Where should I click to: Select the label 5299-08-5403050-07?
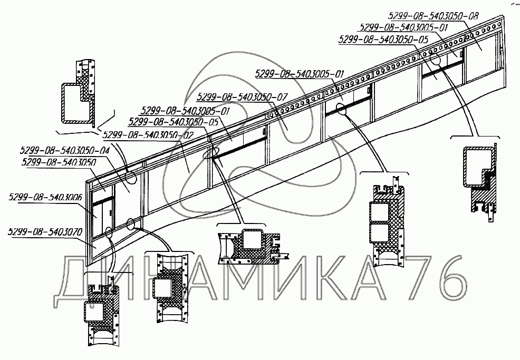[x=243, y=97]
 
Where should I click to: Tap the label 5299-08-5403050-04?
[x=66, y=150]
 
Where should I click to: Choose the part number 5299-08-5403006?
[x=46, y=198]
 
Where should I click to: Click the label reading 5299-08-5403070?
[x=45, y=231]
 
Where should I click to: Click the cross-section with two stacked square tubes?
[x=384, y=221]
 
